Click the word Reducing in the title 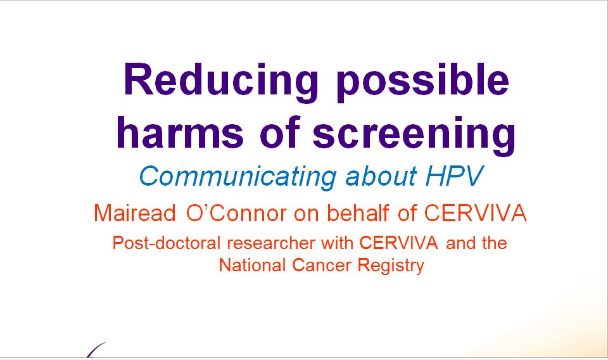tap(220, 82)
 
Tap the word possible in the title tap(422, 82)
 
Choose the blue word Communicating tap(237, 177)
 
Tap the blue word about tap(381, 176)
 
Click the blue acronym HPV tap(454, 176)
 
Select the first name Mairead tap(134, 213)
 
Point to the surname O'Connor tap(236, 213)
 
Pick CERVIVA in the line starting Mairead tap(475, 213)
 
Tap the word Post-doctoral tap(167, 243)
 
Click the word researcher tap(271, 243)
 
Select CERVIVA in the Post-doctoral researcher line tap(398, 243)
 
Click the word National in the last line tap(253, 266)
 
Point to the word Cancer tap(322, 266)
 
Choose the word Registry tap(391, 266)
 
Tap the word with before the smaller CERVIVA tap(338, 243)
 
